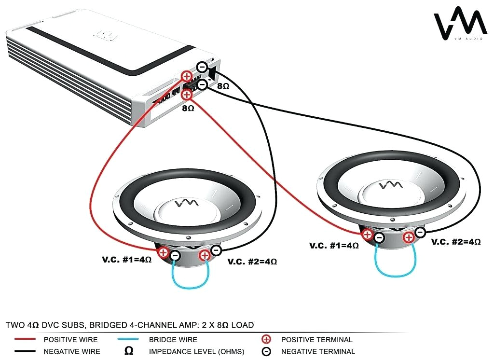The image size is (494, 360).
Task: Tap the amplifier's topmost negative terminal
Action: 203,67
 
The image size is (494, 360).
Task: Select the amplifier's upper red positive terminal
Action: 187,76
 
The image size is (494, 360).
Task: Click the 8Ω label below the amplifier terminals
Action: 188,109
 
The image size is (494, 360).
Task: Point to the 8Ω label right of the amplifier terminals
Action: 223,86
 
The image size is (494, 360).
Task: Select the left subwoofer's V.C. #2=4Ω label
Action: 252,262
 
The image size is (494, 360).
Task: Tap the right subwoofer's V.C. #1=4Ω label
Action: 334,245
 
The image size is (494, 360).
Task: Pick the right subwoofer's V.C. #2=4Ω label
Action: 455,242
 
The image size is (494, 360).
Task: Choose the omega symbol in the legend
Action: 129,351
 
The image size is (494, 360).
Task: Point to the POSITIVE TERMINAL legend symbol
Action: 265,339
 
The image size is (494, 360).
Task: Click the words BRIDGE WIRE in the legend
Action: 173,339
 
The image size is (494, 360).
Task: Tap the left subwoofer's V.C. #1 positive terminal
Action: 164,252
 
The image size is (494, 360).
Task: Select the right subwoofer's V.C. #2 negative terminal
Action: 420,233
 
